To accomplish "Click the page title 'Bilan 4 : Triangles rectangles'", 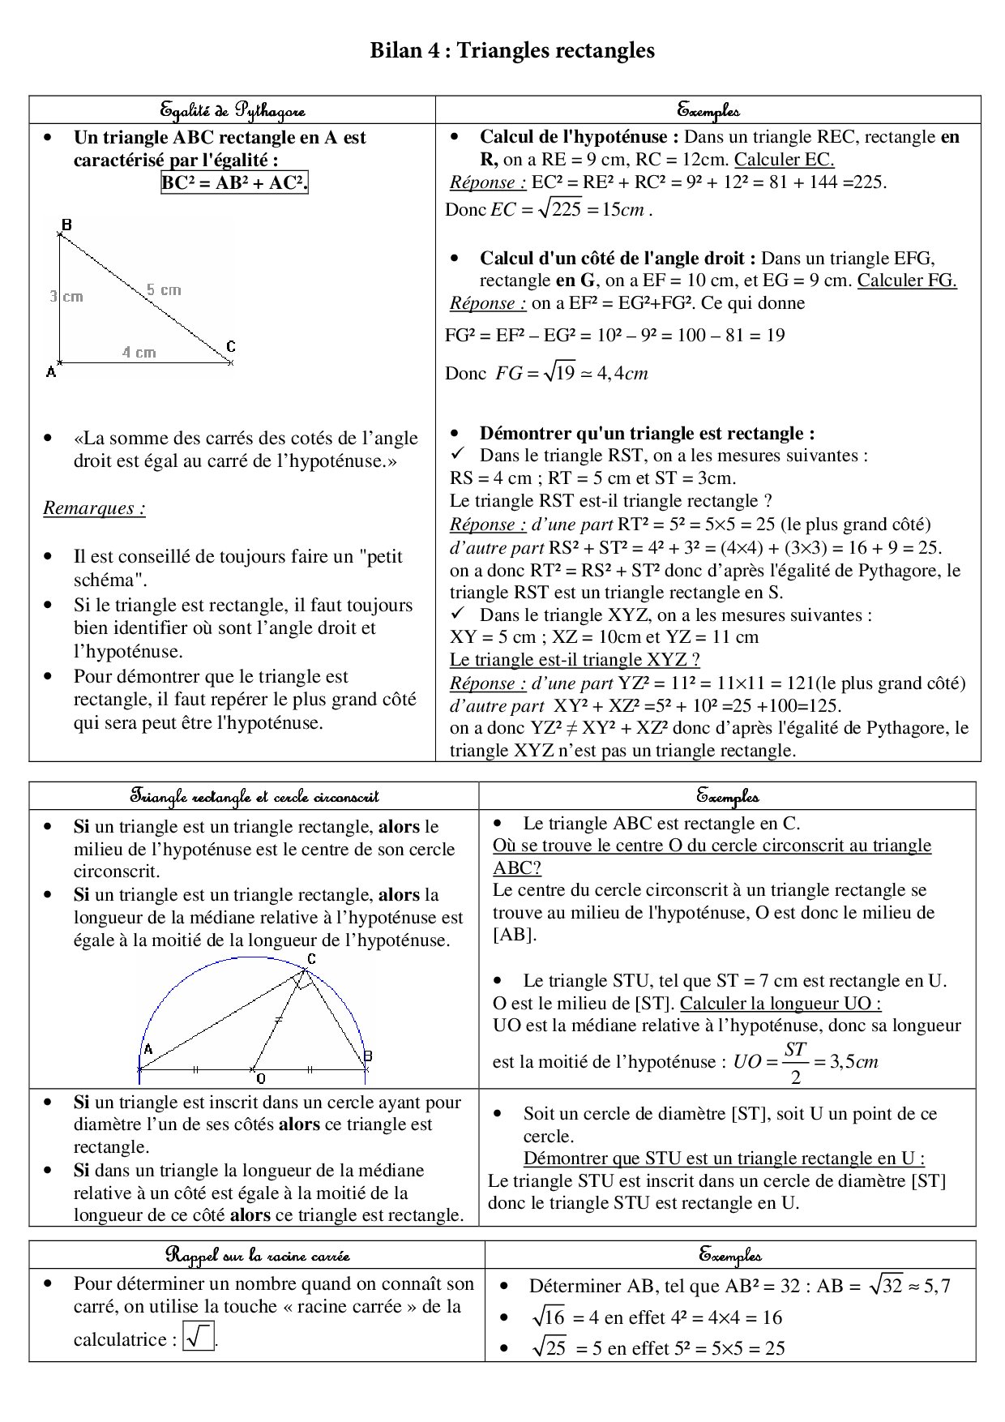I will coord(511,51).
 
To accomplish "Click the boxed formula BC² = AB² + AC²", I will coord(234,183).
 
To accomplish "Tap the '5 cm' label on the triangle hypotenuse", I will coord(164,289).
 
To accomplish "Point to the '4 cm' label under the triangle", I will coord(139,352).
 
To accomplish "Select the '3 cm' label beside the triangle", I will coord(66,296).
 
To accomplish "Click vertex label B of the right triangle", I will coord(66,224).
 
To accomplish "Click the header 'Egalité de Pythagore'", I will coord(232,109).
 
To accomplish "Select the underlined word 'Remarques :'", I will coord(94,508).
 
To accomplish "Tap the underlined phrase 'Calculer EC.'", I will coord(784,160).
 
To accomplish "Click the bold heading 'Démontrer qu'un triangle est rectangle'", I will coord(647,433).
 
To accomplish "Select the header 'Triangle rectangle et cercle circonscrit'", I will coord(254,796).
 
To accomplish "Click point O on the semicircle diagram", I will coord(260,1079).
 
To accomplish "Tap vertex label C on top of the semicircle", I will coord(311,959).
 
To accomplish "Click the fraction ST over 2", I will coord(795,1061).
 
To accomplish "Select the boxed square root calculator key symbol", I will coord(199,1337).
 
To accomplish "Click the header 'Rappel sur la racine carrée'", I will coord(257,1255).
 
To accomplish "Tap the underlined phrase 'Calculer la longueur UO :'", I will coord(780,1003).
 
